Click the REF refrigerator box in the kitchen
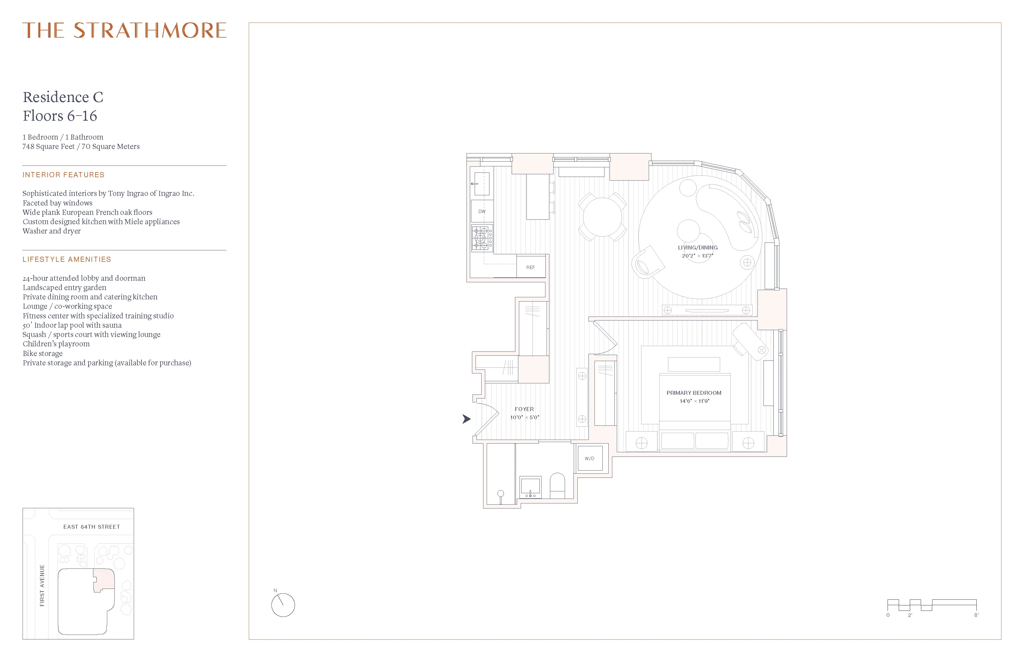point(530,267)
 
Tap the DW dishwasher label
point(482,212)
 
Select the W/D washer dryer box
point(589,458)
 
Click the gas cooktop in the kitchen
point(482,238)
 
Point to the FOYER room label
point(524,409)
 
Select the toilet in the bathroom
point(557,486)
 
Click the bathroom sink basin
point(530,487)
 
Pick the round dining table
point(602,217)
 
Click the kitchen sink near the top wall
point(482,184)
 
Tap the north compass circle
point(283,605)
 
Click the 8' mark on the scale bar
point(976,615)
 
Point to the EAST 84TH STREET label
point(92,527)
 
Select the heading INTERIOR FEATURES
point(63,175)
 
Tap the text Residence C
point(63,97)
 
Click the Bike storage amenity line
point(42,353)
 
